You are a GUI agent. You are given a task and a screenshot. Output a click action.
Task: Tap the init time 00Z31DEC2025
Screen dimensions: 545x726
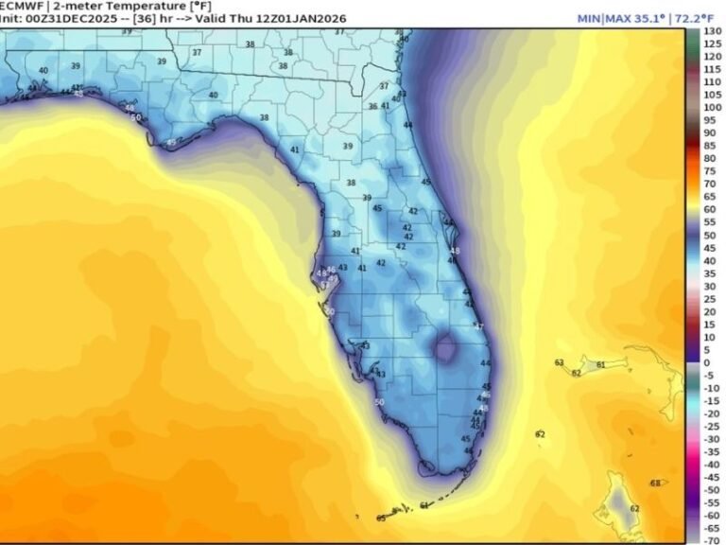(66, 18)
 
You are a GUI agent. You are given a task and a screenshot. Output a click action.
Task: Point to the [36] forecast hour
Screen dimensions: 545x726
(150, 18)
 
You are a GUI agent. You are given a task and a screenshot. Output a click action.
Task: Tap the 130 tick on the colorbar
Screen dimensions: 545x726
(712, 32)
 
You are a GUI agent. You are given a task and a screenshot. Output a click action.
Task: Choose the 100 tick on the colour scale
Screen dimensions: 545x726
(712, 108)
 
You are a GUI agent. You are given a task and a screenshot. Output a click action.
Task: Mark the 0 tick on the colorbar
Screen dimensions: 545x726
(706, 362)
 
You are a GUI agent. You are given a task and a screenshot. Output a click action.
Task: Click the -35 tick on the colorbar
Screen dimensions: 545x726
(712, 451)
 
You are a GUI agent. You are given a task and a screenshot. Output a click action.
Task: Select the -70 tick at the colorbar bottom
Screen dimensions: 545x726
(712, 539)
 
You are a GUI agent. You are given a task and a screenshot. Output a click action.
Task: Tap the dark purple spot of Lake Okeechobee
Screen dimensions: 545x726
(443, 351)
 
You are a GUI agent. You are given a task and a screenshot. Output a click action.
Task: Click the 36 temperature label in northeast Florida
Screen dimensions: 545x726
(372, 107)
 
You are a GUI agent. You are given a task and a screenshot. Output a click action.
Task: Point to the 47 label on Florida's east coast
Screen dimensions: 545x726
(478, 326)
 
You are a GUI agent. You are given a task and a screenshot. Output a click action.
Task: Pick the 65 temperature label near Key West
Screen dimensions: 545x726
(381, 518)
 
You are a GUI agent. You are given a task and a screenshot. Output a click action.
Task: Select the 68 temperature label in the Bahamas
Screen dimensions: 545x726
(654, 483)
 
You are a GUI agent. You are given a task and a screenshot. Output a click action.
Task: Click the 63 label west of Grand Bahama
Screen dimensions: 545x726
(559, 362)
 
